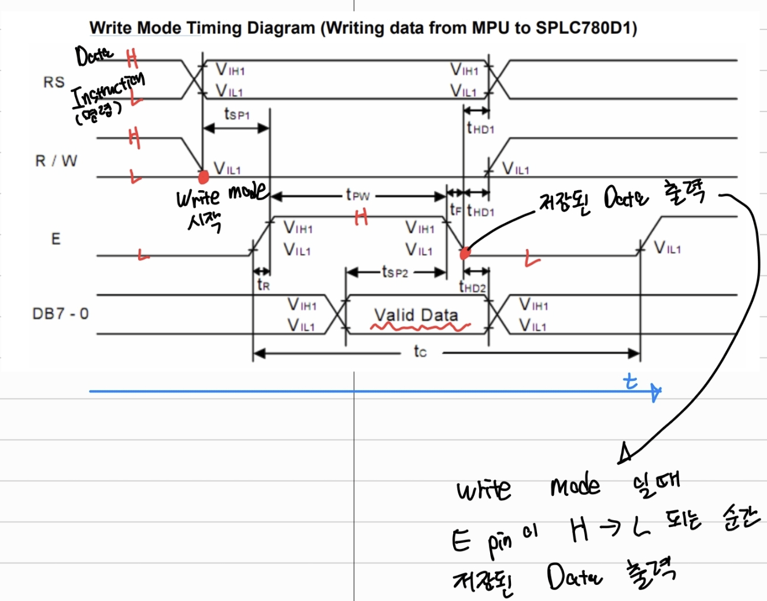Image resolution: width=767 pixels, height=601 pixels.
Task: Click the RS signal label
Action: pyautogui.click(x=54, y=82)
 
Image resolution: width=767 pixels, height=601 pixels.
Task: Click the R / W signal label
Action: pyautogui.click(x=56, y=161)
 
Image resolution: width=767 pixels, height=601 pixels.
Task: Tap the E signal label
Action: pyautogui.click(x=55, y=239)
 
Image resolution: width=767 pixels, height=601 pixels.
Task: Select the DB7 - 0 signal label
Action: pyautogui.click(x=61, y=314)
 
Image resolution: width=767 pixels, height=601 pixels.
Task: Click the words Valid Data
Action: pyautogui.click(x=416, y=315)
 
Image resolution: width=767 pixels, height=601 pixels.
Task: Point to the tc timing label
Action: pyautogui.click(x=420, y=351)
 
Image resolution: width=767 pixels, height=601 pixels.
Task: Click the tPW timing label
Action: pyautogui.click(x=357, y=195)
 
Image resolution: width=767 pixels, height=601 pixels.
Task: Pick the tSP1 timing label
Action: pyautogui.click(x=237, y=114)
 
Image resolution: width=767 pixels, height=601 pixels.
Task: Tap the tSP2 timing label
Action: pyautogui.click(x=395, y=272)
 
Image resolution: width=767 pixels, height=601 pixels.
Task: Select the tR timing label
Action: pyautogui.click(x=263, y=284)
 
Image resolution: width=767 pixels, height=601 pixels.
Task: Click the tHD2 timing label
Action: pyautogui.click(x=473, y=287)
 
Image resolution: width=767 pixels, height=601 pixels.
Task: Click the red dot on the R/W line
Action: pyautogui.click(x=203, y=176)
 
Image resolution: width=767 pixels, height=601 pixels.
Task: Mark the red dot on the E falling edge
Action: pyautogui.click(x=465, y=253)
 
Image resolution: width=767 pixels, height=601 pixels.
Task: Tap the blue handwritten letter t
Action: pyautogui.click(x=631, y=381)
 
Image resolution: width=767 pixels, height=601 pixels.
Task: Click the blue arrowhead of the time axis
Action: pyautogui.click(x=655, y=392)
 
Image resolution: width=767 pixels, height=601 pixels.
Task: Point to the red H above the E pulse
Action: pyautogui.click(x=361, y=217)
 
